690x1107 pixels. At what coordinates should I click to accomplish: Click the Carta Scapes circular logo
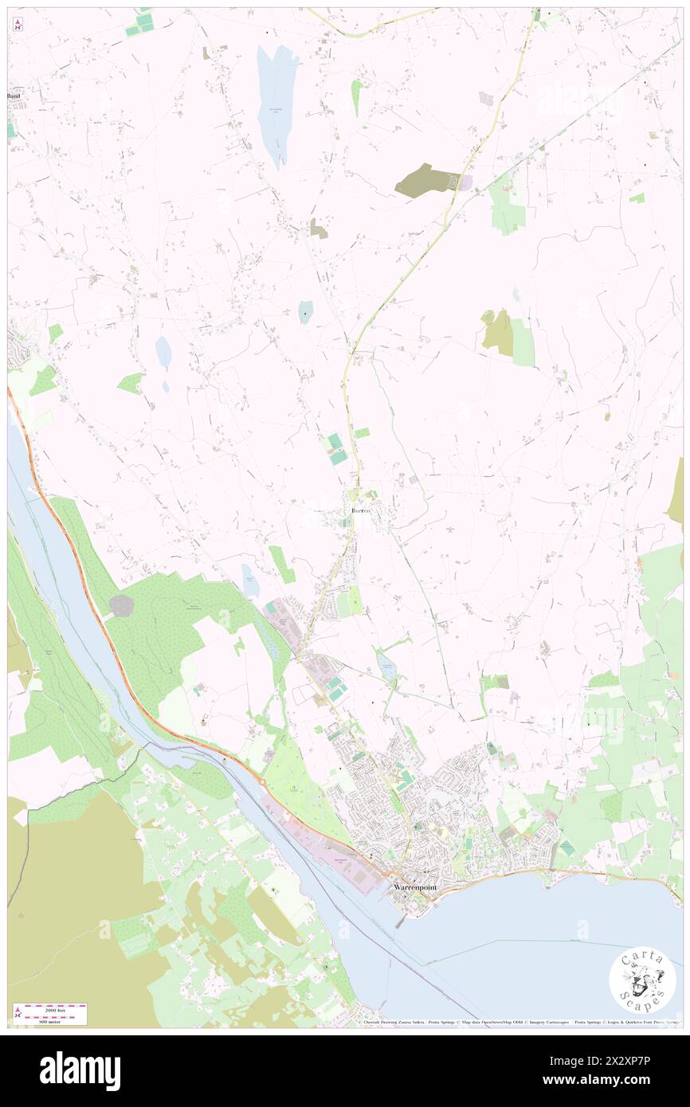click(x=642, y=980)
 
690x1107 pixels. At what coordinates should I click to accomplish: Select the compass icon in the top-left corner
click(x=18, y=25)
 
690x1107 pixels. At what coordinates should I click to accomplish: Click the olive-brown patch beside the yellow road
click(x=426, y=182)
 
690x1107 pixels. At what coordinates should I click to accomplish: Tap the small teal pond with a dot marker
click(x=305, y=312)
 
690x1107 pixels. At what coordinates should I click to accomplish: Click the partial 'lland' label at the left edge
click(x=14, y=96)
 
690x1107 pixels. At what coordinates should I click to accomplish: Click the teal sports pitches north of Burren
click(x=337, y=449)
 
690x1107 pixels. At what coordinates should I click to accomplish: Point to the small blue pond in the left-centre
click(x=163, y=352)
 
